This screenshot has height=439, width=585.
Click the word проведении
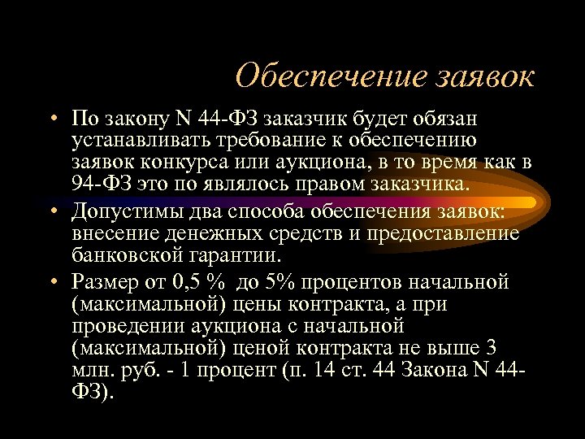(x=127, y=326)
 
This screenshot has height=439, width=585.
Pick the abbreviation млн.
(x=90, y=369)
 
